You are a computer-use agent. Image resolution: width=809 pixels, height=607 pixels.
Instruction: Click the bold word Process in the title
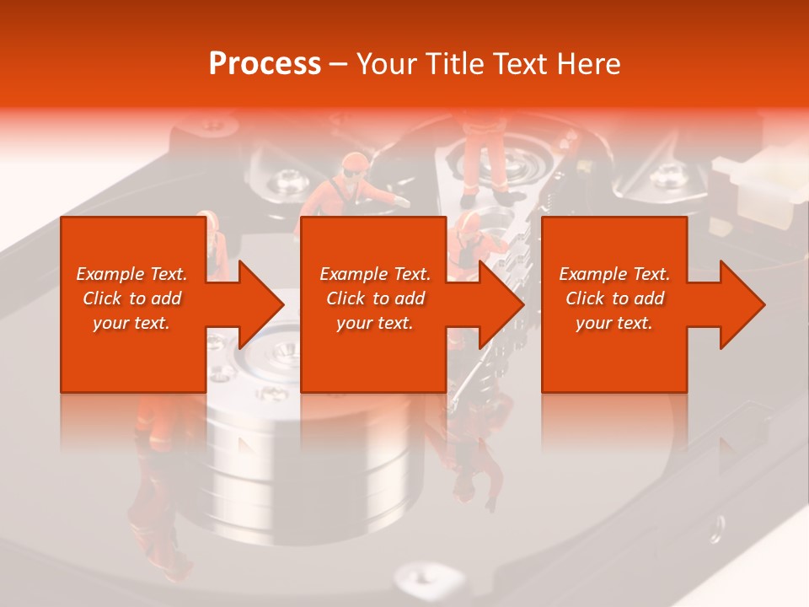coord(265,63)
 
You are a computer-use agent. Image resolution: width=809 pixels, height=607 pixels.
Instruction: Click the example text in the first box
coord(132,298)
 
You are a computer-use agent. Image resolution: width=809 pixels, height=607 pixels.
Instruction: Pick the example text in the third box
coord(614,298)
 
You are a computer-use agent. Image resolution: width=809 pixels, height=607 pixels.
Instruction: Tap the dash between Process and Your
coord(338,64)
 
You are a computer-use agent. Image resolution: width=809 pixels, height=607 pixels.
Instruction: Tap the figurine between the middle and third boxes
coord(466,244)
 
